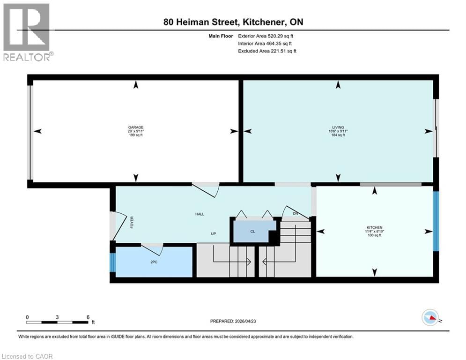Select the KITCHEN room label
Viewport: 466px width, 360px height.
[375, 227]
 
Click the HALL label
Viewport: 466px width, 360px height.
[200, 214]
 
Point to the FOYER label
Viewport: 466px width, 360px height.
[132, 222]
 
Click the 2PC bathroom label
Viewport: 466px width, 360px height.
[154, 262]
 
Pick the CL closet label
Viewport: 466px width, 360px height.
[253, 231]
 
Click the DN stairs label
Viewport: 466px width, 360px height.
[295, 214]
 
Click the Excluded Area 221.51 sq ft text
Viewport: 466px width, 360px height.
[267, 51]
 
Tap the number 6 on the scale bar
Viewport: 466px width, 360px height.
[88, 317]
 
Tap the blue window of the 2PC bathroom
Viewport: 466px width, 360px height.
[112, 262]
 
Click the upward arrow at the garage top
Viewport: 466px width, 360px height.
[136, 85]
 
